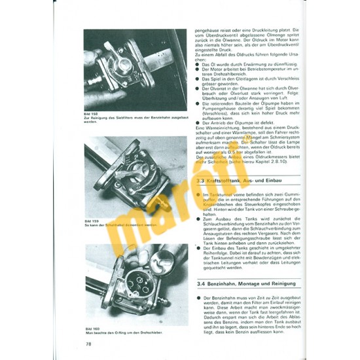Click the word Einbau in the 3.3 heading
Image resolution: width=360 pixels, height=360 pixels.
[x=287, y=179]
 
